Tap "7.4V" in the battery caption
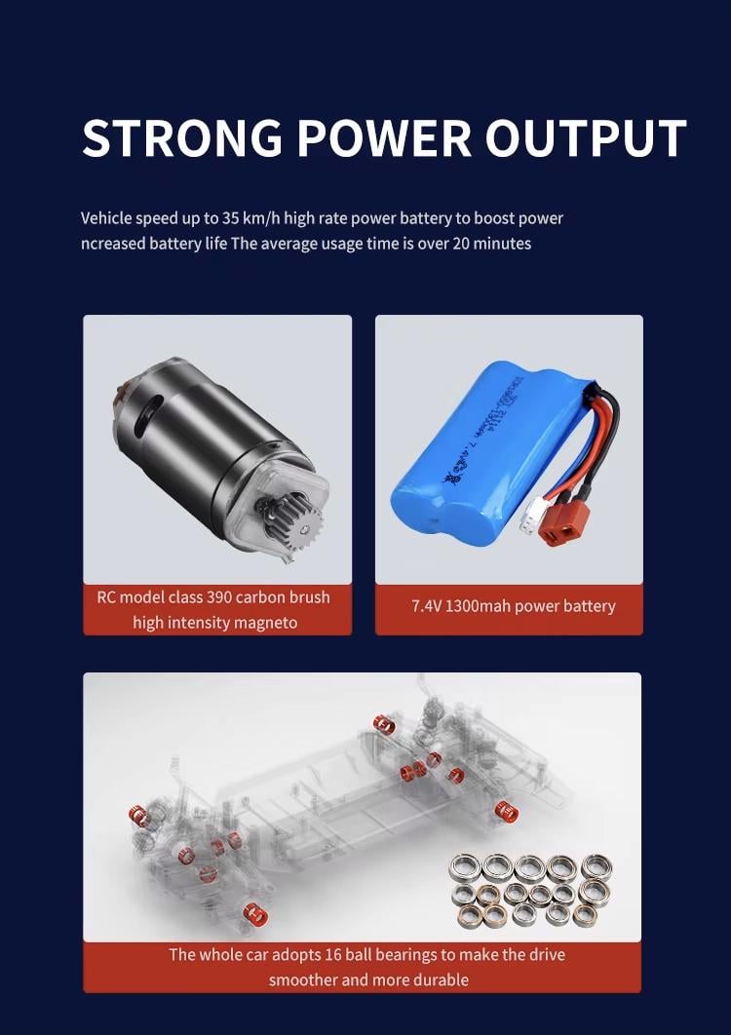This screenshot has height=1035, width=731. coord(426,606)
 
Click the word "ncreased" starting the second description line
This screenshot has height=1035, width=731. coord(113,244)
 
